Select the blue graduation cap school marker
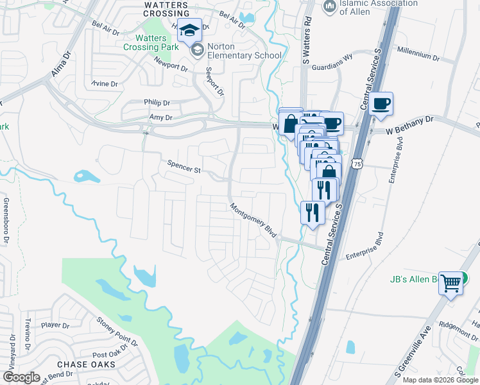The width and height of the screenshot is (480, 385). click(x=190, y=30)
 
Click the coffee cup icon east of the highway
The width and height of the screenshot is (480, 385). click(x=381, y=104)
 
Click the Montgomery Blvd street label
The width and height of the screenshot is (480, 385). click(x=254, y=220)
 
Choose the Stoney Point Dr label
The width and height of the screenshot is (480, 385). click(x=117, y=329)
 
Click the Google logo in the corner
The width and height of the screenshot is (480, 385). click(x=22, y=377)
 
